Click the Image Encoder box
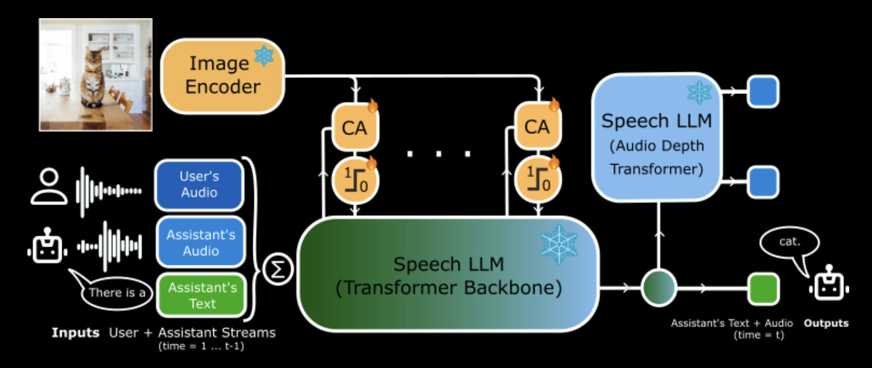[223, 76]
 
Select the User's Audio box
[199, 185]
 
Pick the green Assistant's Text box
[202, 295]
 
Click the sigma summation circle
[278, 268]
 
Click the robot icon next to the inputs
[47, 247]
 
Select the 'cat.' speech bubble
[789, 243]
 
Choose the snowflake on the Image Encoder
[264, 56]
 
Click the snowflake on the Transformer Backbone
[559, 244]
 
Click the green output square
[763, 288]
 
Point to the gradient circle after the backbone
[659, 288]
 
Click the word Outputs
[826, 323]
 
